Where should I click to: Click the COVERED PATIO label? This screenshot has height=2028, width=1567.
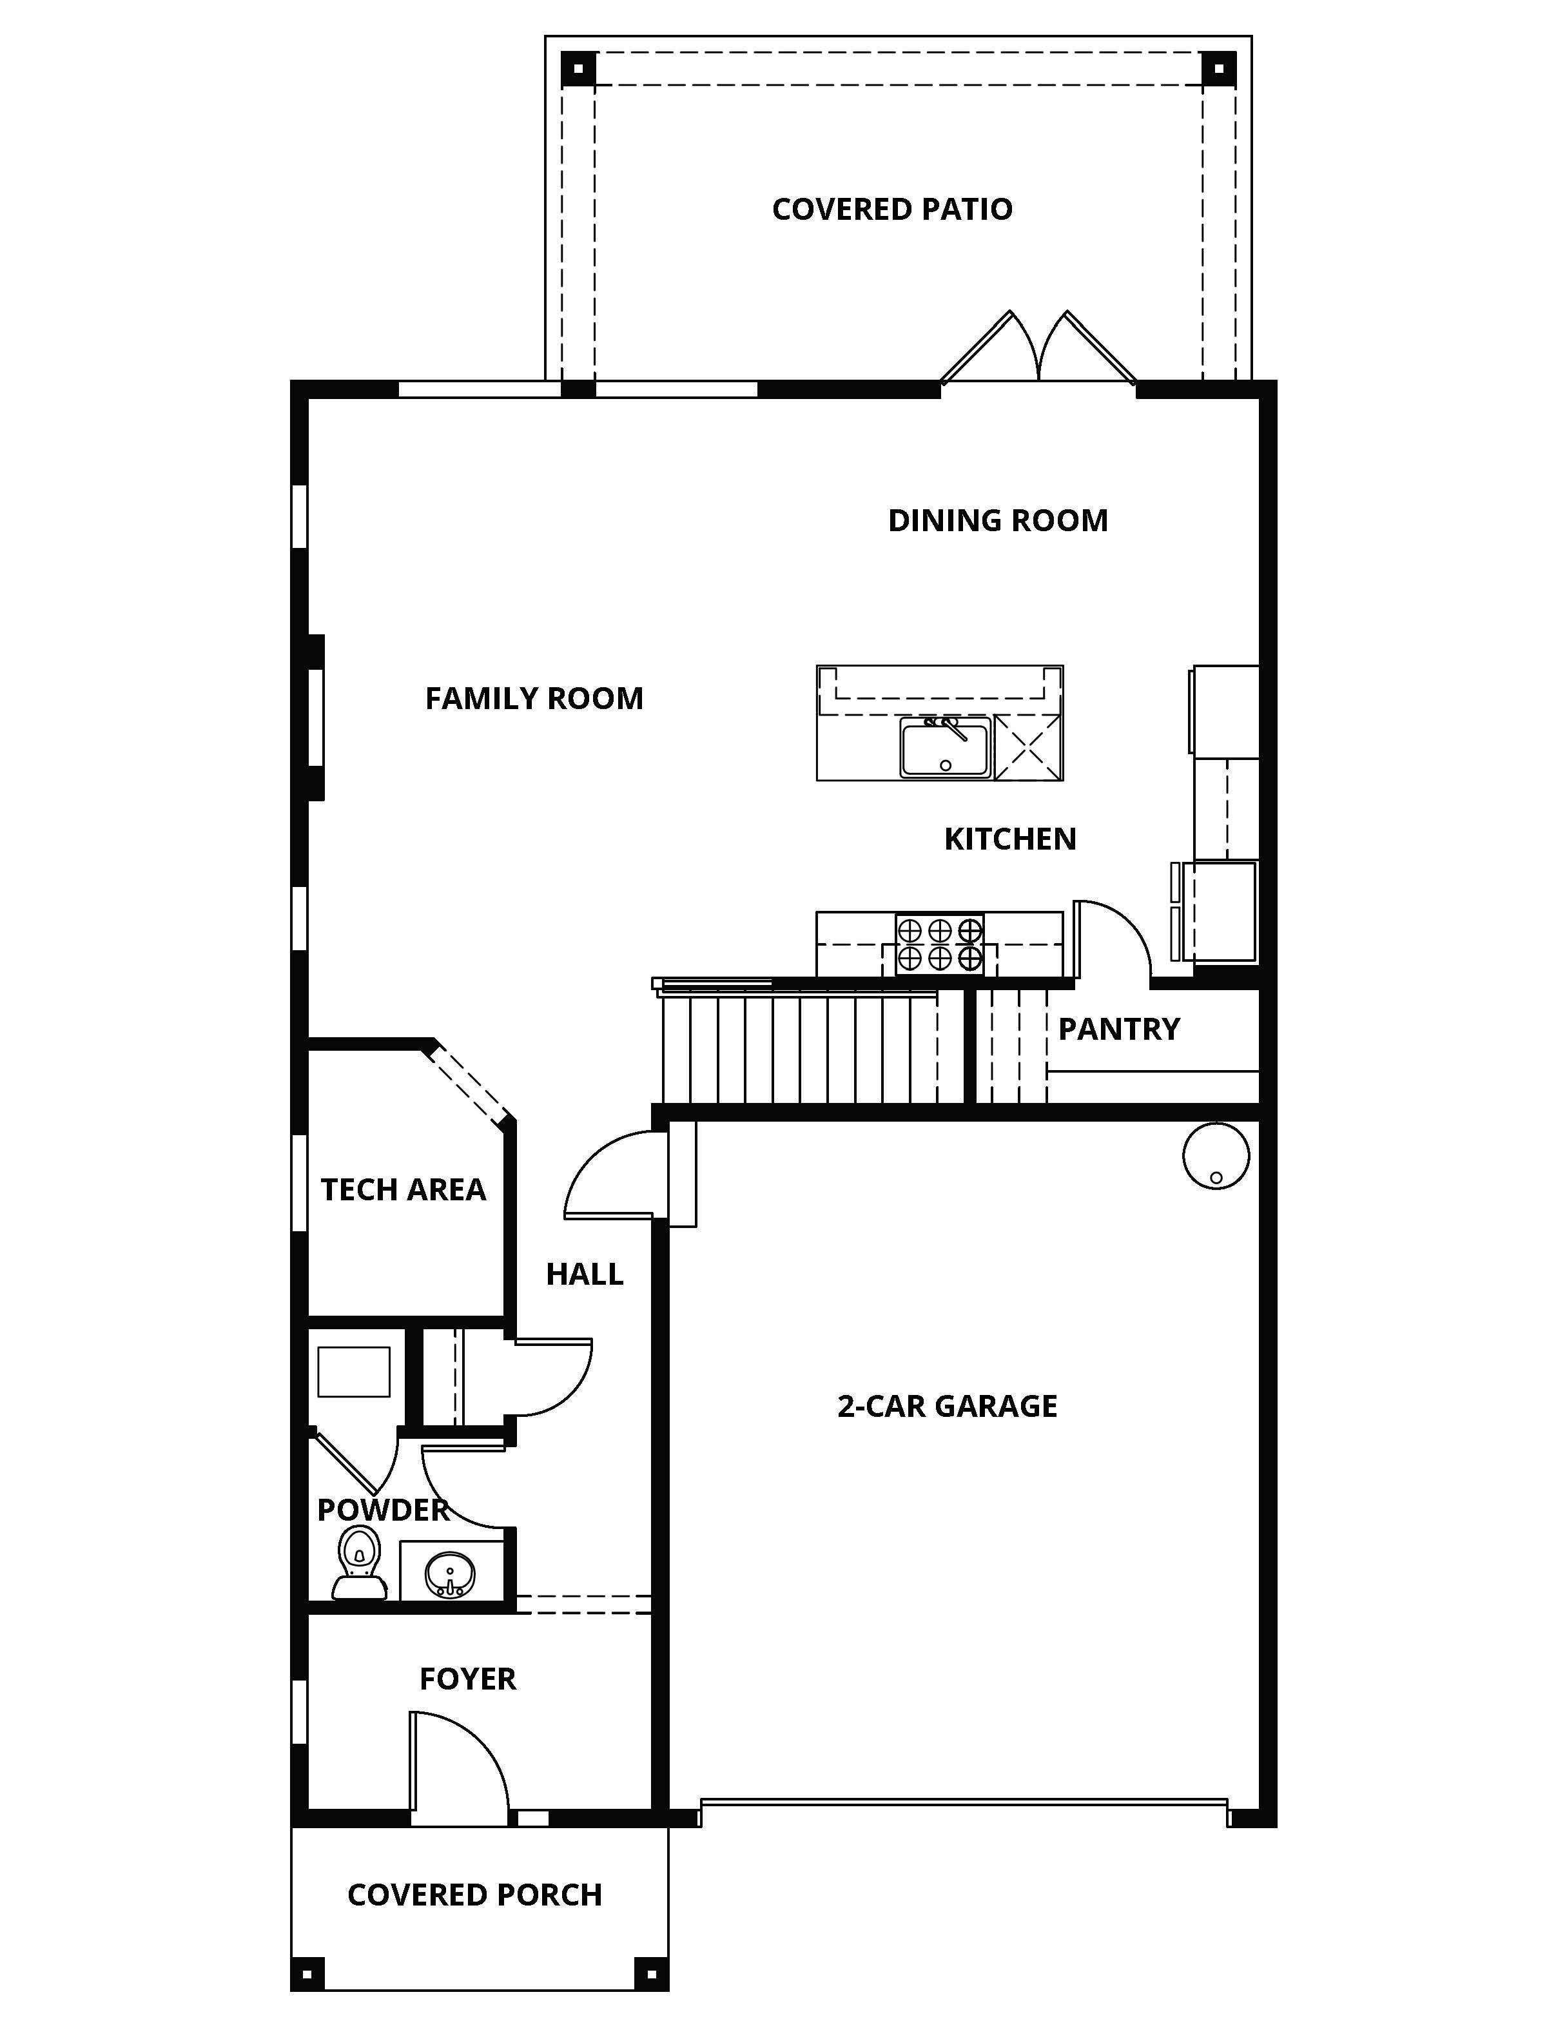(x=892, y=209)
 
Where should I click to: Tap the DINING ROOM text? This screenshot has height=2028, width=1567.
(x=998, y=520)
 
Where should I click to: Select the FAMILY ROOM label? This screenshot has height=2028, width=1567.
(x=534, y=698)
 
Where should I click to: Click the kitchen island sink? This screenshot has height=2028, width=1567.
(x=945, y=748)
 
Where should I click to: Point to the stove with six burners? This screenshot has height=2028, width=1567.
(x=939, y=944)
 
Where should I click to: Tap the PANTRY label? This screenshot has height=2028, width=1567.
(x=1118, y=1029)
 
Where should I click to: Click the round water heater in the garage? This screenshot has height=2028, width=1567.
(x=1216, y=1156)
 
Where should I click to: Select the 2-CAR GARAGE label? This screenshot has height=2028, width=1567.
(x=947, y=1406)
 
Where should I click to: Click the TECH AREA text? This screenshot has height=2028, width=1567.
(x=403, y=1189)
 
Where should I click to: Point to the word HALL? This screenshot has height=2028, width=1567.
(x=584, y=1274)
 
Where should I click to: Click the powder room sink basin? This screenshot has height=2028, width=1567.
(x=450, y=1575)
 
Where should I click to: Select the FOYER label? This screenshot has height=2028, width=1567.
(x=468, y=1679)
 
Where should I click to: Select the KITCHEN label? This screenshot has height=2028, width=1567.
(x=1010, y=839)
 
